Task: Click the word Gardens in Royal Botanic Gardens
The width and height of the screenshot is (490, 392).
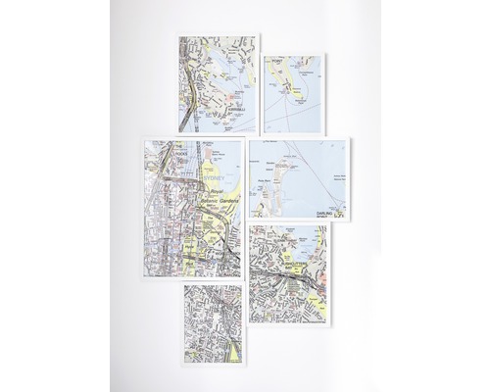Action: point(227,199)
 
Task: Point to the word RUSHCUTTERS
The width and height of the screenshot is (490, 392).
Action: point(299,262)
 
